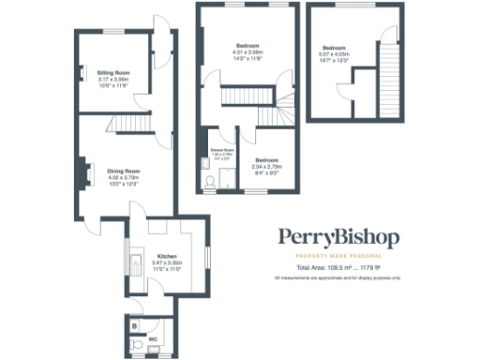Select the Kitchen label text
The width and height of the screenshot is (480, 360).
pos(167,256)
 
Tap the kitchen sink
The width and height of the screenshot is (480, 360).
pos(136,262)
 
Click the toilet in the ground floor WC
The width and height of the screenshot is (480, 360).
pos(139,346)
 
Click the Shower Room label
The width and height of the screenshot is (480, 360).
pos(221,149)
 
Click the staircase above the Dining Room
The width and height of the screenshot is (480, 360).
pos(126,125)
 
